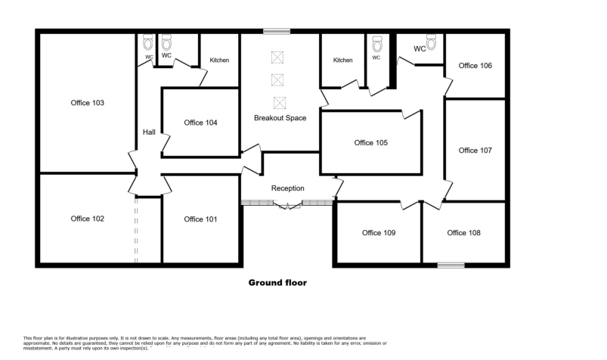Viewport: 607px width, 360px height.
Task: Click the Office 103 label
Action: (87, 102)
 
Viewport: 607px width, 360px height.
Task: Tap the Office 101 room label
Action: (200, 219)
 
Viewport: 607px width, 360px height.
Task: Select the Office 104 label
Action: (200, 123)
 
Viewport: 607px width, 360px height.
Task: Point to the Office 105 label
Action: (370, 142)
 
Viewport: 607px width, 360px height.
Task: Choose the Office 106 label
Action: (475, 66)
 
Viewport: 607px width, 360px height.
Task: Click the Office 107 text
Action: (475, 151)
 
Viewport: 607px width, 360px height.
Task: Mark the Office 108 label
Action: (463, 233)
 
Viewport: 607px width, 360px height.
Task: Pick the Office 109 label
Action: (379, 233)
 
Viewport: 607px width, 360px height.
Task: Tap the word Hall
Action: (149, 132)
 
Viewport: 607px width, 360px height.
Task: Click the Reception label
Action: (287, 188)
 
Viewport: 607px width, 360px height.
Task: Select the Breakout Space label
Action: (280, 118)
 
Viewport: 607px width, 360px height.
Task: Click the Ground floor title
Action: (278, 283)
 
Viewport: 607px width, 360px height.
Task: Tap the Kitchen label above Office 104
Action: (219, 61)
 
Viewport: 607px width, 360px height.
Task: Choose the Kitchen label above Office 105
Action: (343, 61)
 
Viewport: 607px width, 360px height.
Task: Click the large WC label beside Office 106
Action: (420, 49)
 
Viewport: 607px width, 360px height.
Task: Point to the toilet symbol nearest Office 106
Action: (432, 41)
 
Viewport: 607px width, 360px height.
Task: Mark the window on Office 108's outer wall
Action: (451, 265)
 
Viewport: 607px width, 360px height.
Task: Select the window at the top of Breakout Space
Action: (277, 31)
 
